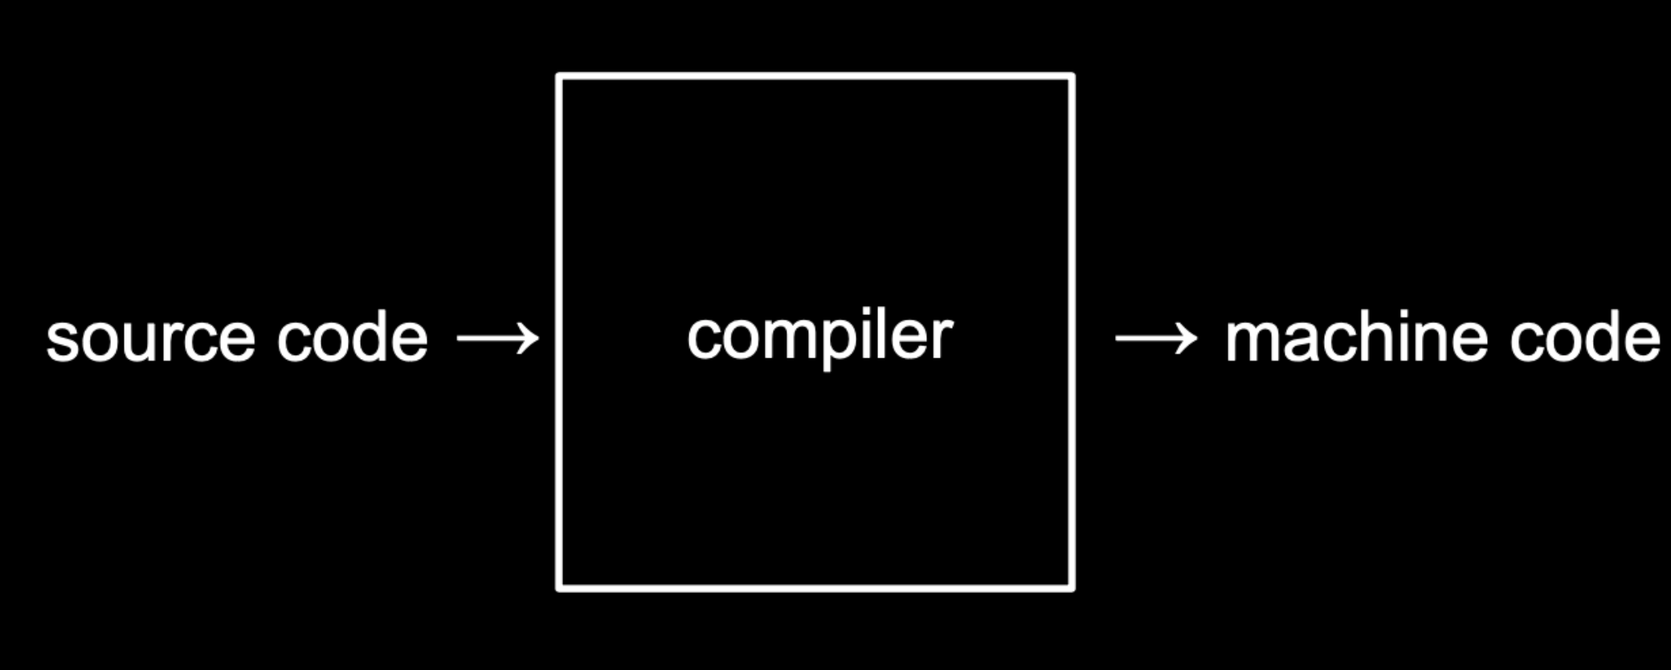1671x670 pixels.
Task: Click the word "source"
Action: click(150, 339)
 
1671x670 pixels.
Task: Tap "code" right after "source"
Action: click(352, 339)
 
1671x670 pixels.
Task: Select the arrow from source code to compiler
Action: click(497, 338)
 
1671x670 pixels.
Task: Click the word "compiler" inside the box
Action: click(819, 337)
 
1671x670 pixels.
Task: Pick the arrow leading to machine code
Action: click(1155, 338)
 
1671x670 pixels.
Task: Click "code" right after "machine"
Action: click(1584, 339)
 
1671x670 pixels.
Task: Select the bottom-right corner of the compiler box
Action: click(1072, 587)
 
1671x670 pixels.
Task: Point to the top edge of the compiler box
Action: click(815, 77)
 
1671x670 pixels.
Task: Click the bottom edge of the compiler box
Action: click(815, 588)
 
